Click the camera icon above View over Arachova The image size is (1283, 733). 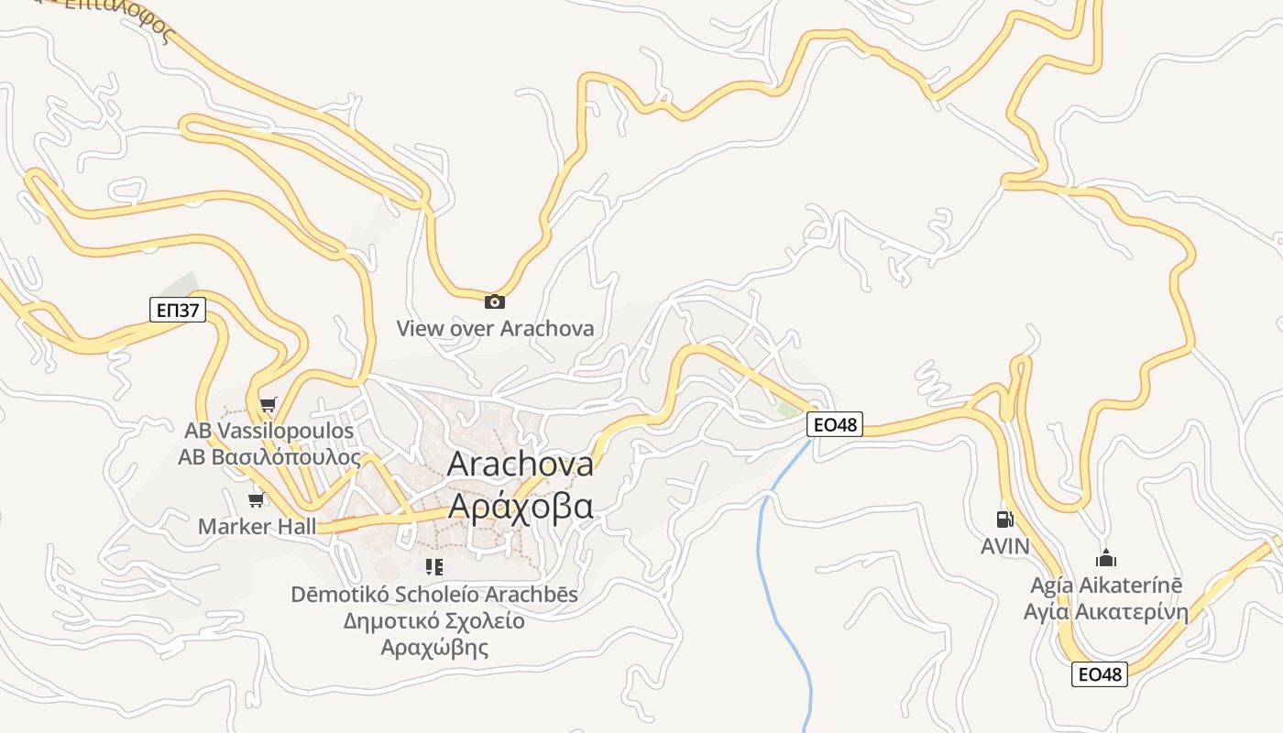pos(494,301)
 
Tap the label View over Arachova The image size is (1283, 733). pos(495,328)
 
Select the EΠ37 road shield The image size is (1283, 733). pos(178,310)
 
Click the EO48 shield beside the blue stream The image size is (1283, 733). pos(835,424)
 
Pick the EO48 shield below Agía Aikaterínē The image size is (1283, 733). pos(1099,674)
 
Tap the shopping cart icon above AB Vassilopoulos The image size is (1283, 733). pos(268,404)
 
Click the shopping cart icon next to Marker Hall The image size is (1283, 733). pos(257,499)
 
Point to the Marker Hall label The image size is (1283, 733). pos(257,526)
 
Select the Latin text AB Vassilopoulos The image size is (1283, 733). pos(269,431)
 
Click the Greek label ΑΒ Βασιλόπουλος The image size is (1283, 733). pos(269,456)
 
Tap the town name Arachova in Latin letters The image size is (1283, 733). pos(520,465)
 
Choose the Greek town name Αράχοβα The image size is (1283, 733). pos(520,506)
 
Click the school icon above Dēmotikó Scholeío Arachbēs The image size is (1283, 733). pos(434,568)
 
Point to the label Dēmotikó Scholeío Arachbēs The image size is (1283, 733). pos(434,594)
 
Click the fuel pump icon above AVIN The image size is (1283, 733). pos(1004,520)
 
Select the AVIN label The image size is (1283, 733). pos(1005,546)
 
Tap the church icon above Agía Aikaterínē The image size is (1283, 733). pos(1106,558)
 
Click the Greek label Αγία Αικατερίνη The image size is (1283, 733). pos(1105,612)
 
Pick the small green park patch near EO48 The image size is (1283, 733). pos(787,409)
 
